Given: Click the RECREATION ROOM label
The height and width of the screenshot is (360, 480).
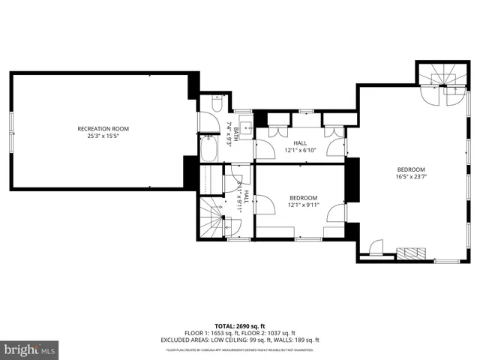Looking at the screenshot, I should pos(103,128).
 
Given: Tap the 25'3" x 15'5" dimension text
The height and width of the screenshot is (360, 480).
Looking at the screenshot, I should pos(103,136).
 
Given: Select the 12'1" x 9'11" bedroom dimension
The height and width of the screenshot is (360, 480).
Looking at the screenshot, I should pos(304,205).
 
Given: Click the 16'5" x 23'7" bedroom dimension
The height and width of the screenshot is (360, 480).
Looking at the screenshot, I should pos(410,177).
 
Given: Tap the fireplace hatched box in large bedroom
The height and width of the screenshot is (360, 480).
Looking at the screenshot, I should pos(411,252).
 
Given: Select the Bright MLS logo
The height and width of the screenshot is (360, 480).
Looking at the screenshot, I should pos(30,349).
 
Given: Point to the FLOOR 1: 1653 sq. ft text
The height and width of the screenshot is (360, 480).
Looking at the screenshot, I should pos(210,333).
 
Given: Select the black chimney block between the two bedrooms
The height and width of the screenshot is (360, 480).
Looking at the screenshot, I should pos(350,180).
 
